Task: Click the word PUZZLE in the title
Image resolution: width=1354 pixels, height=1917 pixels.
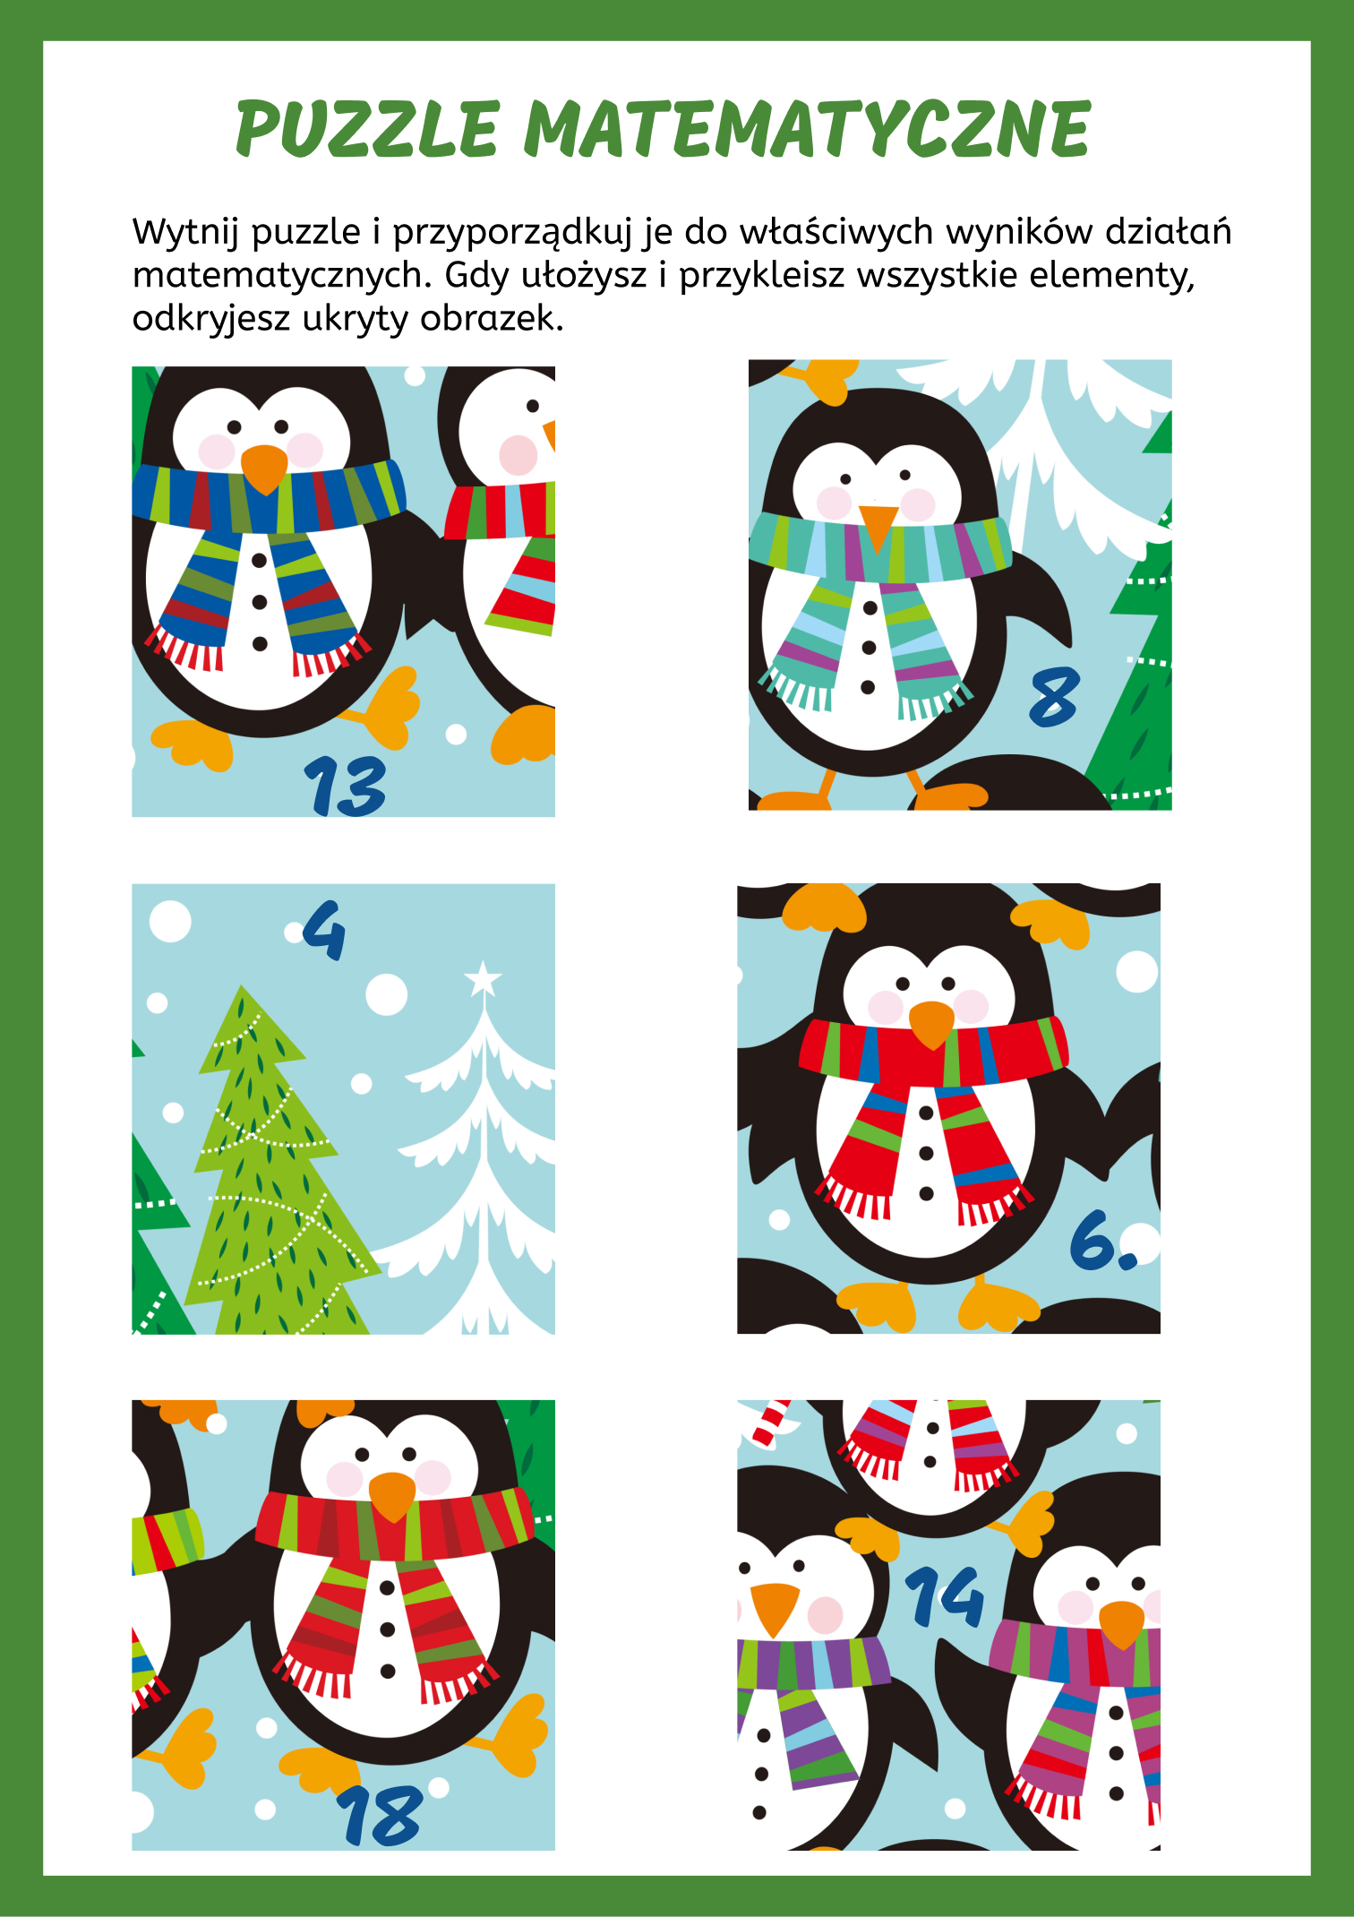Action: pos(367,129)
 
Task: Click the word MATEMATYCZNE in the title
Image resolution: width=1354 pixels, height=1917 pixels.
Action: pos(807,129)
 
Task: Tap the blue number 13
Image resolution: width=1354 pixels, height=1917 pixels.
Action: pos(345,786)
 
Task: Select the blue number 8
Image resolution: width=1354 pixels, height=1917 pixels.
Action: pos(1054,698)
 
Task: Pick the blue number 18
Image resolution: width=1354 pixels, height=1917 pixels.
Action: pos(380,1815)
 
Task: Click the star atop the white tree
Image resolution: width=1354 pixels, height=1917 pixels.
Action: pos(484,978)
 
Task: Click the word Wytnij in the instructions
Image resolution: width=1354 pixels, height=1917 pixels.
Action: pos(187,233)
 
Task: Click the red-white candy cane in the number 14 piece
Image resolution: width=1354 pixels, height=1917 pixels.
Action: pos(769,1423)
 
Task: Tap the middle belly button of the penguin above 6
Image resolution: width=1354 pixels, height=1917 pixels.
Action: pos(926,1154)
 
